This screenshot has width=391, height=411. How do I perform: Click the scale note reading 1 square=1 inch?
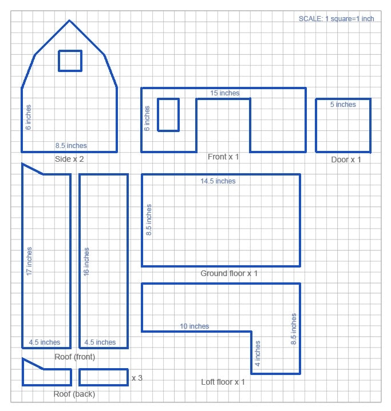click(x=336, y=19)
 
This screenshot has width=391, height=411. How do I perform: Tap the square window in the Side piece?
click(x=70, y=61)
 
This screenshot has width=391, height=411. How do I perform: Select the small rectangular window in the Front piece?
click(x=168, y=115)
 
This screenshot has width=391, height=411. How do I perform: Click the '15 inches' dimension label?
click(x=224, y=93)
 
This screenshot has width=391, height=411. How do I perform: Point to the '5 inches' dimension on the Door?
click(x=343, y=105)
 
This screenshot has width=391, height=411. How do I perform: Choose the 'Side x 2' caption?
click(x=69, y=159)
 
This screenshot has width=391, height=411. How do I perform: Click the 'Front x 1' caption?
click(x=223, y=157)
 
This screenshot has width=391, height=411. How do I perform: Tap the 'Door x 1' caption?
click(x=346, y=159)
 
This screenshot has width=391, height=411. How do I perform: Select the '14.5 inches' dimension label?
click(x=218, y=181)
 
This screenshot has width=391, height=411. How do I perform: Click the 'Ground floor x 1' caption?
click(x=229, y=274)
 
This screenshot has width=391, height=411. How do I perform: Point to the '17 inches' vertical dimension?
click(x=29, y=261)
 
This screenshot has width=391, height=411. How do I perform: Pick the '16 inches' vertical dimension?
click(x=86, y=262)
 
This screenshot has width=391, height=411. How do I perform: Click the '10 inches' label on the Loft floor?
click(x=195, y=326)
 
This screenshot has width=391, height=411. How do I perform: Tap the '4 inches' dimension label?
click(x=258, y=353)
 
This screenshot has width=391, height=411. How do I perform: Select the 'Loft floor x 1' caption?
click(x=223, y=382)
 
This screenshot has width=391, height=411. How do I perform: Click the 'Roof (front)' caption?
click(x=74, y=357)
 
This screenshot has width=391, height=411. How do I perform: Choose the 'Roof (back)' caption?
click(x=74, y=394)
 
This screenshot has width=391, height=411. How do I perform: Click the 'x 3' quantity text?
click(x=137, y=378)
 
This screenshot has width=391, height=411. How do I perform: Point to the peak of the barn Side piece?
click(x=69, y=21)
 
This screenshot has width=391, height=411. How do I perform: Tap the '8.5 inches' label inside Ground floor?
click(x=149, y=221)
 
